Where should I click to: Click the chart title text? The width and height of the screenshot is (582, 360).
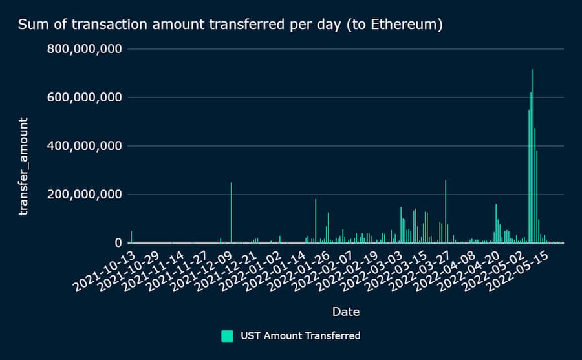tap(230, 25)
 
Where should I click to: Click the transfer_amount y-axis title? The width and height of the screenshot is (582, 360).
tap(24, 166)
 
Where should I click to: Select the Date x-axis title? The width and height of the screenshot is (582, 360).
tap(346, 312)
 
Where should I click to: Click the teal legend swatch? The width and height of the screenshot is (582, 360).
tap(227, 335)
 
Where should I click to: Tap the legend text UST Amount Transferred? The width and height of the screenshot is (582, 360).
tap(301, 335)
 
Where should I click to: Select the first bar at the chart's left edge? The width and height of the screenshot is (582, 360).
tap(131, 237)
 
